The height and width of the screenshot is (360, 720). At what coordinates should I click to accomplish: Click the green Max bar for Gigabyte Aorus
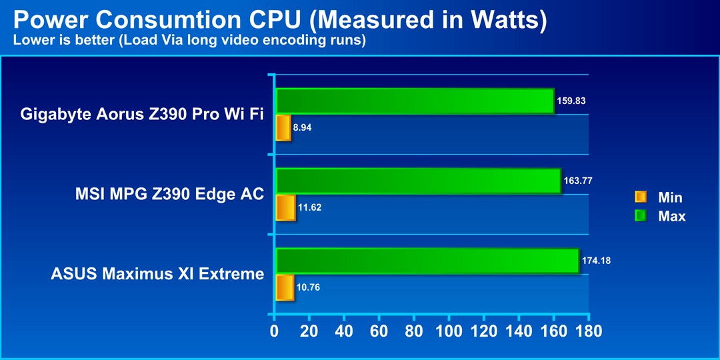click(x=415, y=101)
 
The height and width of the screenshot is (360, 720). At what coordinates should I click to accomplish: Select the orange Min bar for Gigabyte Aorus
click(x=283, y=127)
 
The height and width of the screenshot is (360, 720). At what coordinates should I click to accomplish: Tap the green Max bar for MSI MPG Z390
click(x=419, y=181)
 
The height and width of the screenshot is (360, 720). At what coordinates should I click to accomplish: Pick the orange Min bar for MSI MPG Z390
click(x=285, y=207)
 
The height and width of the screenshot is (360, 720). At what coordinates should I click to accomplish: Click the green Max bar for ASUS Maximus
click(x=427, y=261)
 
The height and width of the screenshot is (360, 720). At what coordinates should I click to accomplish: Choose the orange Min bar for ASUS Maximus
click(x=285, y=287)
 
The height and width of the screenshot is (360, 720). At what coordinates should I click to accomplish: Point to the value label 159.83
click(x=571, y=101)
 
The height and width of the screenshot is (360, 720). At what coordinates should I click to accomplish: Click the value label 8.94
click(x=303, y=127)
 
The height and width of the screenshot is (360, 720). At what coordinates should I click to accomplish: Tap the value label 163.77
click(x=578, y=181)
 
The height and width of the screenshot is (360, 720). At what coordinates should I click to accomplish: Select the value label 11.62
click(x=309, y=207)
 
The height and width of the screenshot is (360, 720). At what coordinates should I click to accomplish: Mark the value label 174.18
click(x=596, y=261)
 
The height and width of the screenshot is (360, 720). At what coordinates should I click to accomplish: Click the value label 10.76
click(x=308, y=288)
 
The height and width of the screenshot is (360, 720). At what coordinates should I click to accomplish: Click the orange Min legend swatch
click(x=641, y=197)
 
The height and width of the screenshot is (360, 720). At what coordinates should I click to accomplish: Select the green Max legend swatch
click(x=641, y=216)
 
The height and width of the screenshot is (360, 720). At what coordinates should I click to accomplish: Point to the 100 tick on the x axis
click(x=449, y=331)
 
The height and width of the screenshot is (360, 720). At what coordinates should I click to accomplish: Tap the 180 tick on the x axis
click(x=589, y=331)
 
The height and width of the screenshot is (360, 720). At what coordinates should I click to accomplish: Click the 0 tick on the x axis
click(x=274, y=331)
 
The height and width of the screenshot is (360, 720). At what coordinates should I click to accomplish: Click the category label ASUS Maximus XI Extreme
click(x=157, y=274)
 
